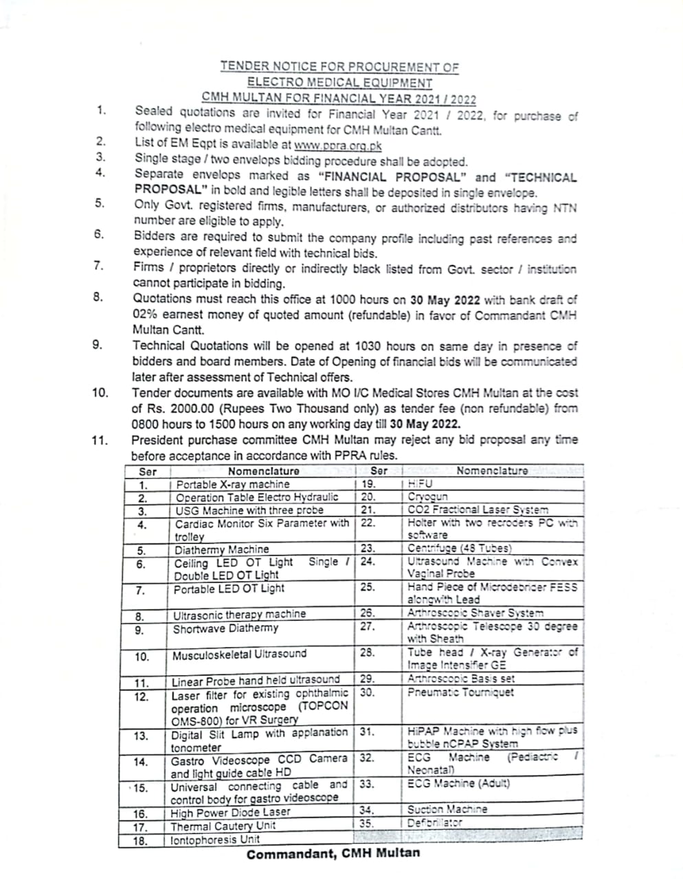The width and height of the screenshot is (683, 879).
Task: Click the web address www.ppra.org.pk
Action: tap(337, 146)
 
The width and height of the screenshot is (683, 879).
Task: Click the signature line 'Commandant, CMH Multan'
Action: tap(333, 854)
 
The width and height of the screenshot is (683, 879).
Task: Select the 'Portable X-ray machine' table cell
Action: tap(233, 484)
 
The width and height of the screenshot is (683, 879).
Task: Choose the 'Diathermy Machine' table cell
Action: tap(222, 549)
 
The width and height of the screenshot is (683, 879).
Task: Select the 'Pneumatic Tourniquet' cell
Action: tap(460, 692)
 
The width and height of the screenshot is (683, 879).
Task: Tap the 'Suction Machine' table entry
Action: tap(447, 810)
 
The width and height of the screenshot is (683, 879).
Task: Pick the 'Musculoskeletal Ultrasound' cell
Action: tap(239, 654)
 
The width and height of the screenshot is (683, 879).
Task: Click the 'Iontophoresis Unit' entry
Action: tap(215, 839)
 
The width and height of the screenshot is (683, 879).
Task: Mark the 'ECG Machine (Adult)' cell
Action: tap(459, 784)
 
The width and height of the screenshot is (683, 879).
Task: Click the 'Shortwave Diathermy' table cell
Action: tap(226, 628)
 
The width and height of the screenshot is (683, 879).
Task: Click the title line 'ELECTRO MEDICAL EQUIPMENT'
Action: tap(339, 82)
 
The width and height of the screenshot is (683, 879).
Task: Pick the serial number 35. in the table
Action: tap(367, 823)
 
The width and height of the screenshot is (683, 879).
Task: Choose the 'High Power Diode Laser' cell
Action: tap(231, 812)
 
